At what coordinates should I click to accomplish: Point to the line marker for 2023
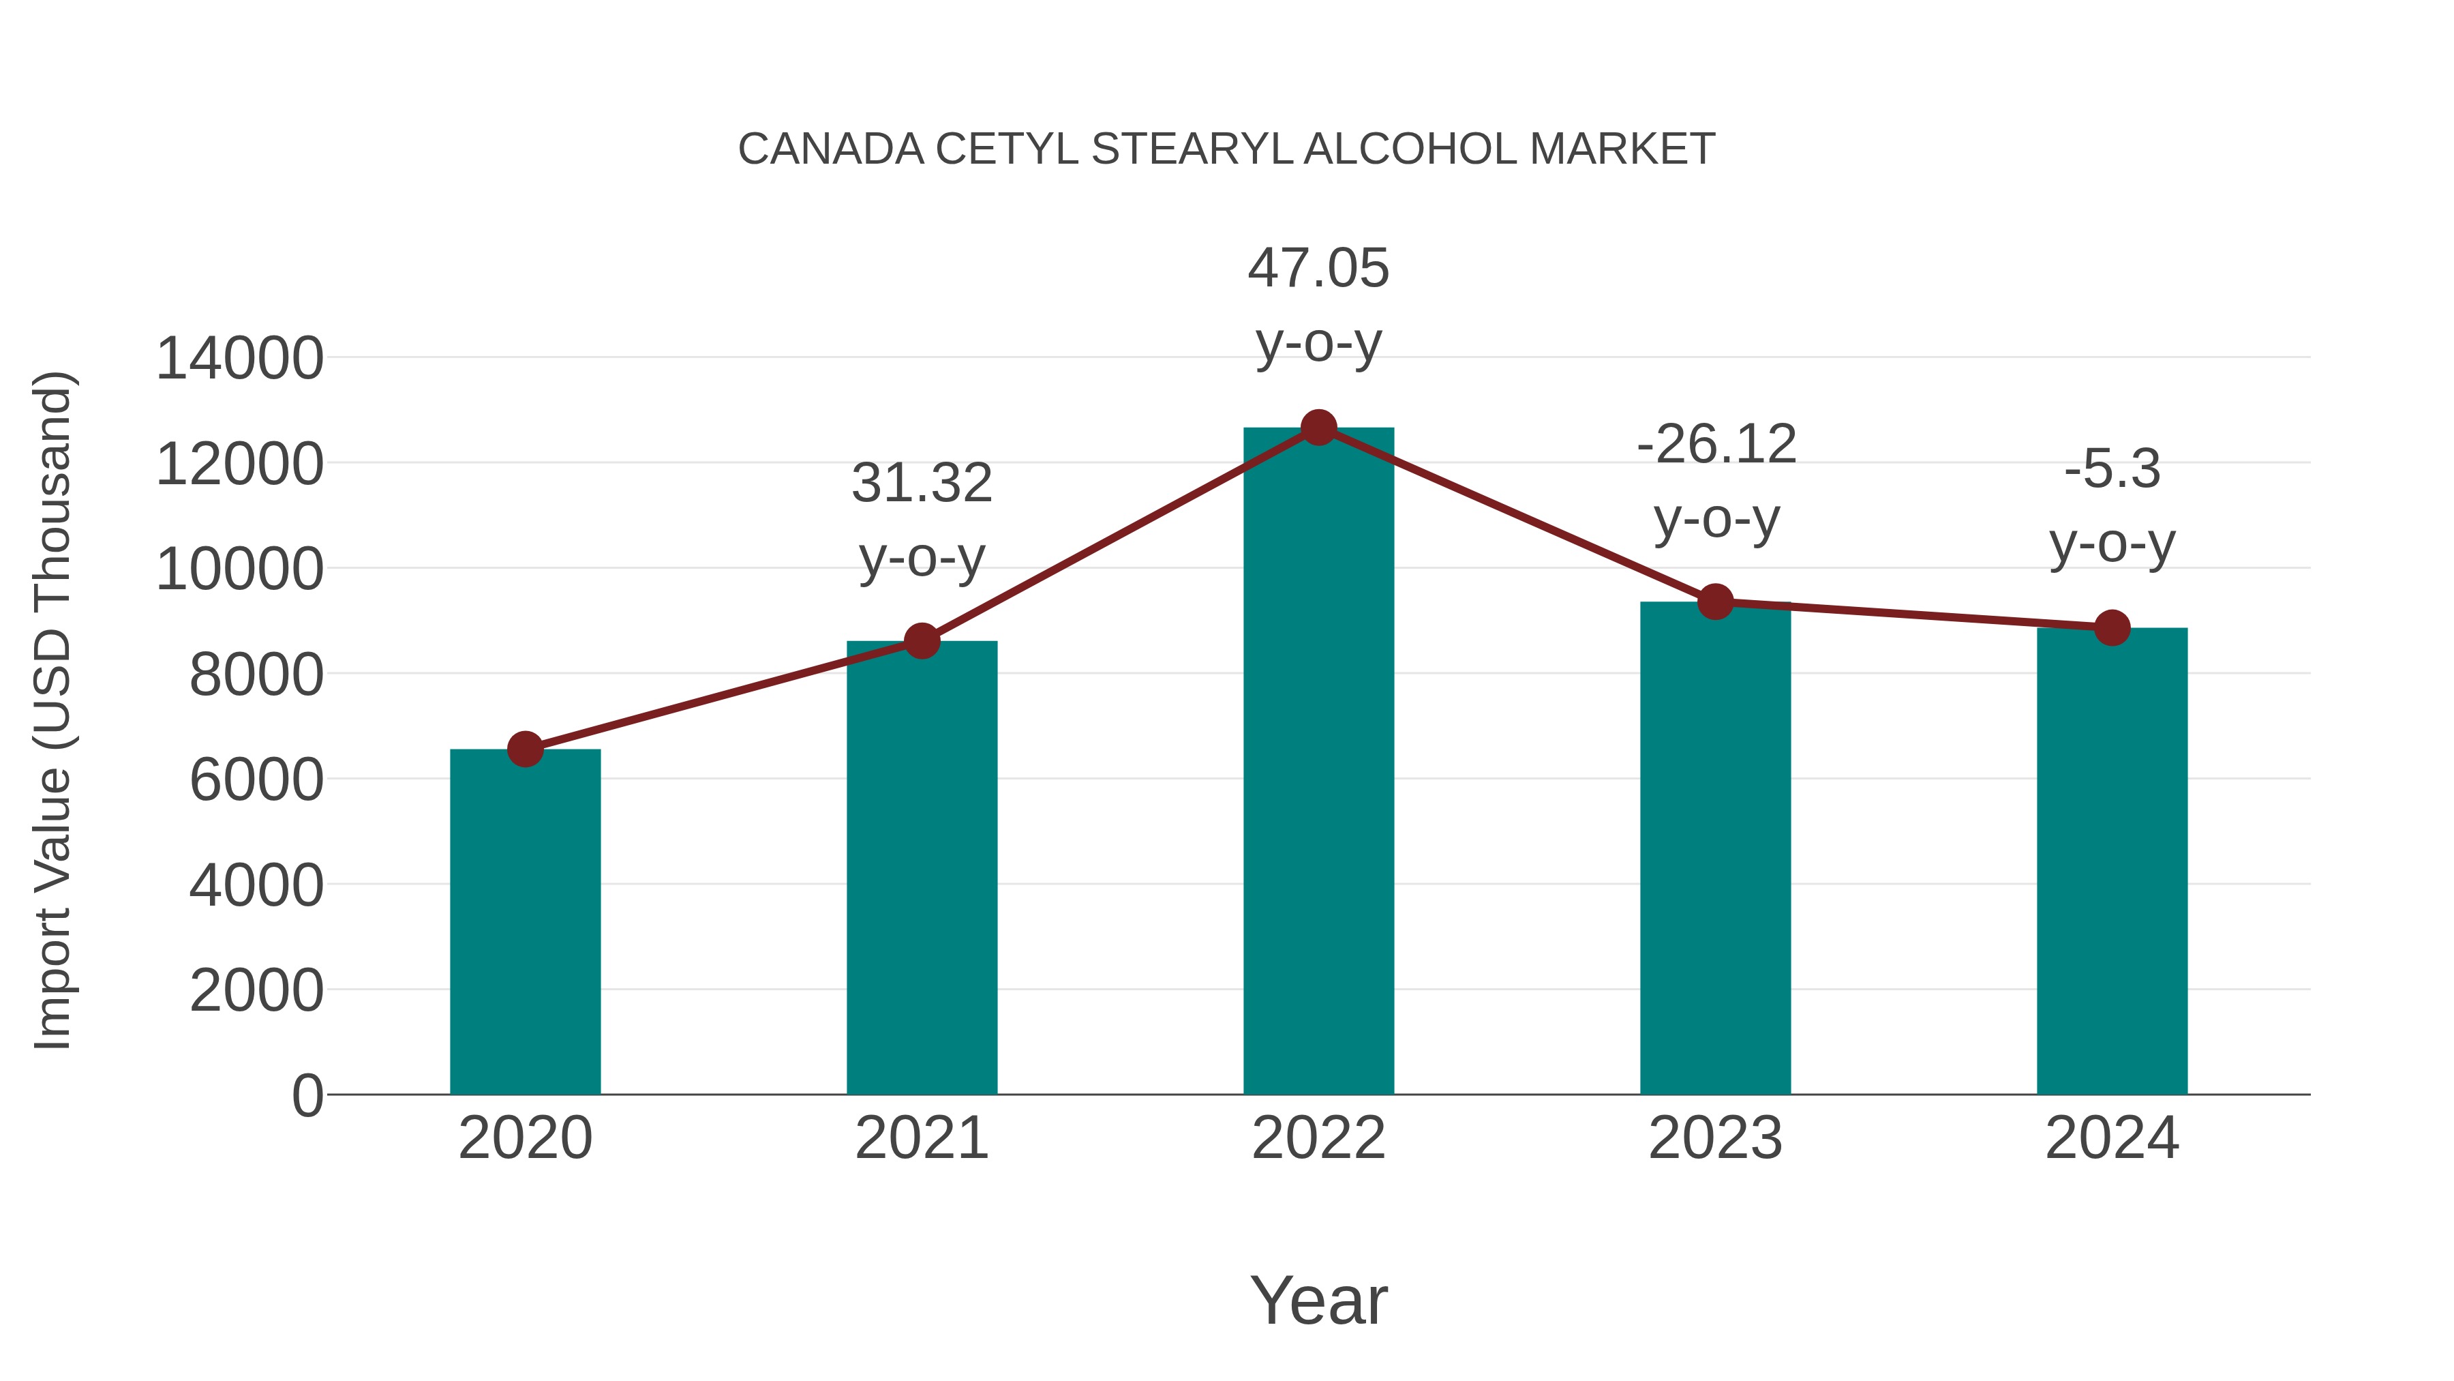point(1715,602)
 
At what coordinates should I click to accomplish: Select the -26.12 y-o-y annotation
point(1716,481)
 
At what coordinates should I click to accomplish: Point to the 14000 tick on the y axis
point(239,359)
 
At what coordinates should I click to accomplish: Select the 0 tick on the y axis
point(307,1095)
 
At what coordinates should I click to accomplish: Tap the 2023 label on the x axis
point(1715,1138)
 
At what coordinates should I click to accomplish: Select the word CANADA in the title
point(831,149)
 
